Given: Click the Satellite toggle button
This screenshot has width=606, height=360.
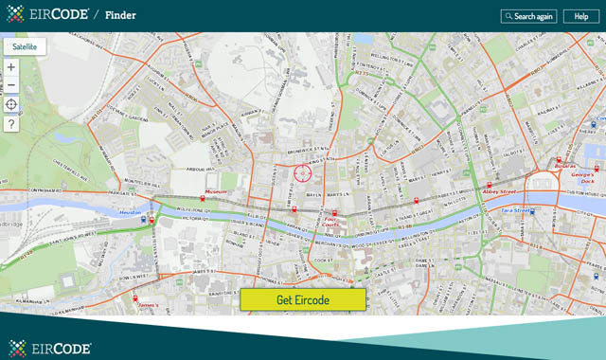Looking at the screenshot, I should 25,45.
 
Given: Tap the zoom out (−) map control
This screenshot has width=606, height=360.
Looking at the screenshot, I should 11,85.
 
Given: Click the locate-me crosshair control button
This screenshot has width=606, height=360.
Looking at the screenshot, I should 11,104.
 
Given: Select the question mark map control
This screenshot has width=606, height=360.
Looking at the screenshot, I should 11,124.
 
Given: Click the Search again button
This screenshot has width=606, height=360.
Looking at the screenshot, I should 528,16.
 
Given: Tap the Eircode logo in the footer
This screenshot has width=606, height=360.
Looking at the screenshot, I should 50,347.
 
